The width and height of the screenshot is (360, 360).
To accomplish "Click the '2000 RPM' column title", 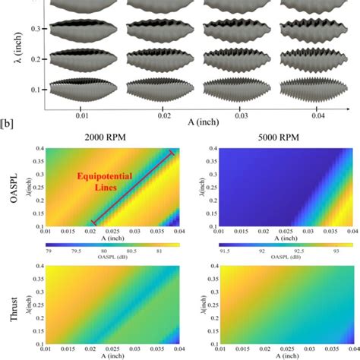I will pyautogui.click(x=112, y=137).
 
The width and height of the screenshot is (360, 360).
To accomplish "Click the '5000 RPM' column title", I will pyautogui.click(x=271, y=137).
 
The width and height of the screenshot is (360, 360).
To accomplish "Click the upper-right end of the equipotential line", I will pyautogui.click(x=171, y=153).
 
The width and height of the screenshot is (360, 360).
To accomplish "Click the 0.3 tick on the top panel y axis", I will pyautogui.click(x=35, y=29).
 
